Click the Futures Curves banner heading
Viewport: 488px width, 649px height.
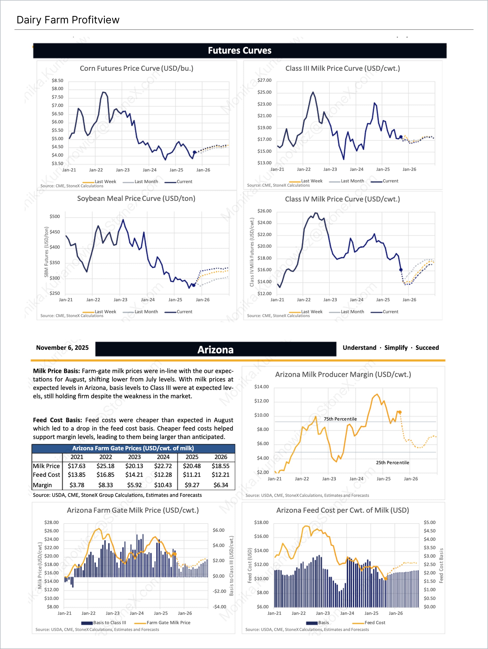coord(239,51)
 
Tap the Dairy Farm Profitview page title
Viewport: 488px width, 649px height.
coord(68,20)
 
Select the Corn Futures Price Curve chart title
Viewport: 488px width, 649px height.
coord(136,68)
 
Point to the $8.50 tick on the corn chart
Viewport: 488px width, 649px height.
coord(57,80)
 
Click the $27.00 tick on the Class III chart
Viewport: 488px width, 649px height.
coord(264,80)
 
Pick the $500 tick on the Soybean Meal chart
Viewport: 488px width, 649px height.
coord(55,217)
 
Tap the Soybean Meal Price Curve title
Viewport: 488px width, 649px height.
coord(136,198)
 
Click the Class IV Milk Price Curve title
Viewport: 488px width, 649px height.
coord(342,199)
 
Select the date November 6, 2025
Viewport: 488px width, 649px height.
coord(62,348)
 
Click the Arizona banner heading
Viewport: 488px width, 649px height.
coord(215,350)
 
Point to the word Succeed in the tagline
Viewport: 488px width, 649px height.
coord(427,348)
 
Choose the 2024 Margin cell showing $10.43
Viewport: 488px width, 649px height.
coord(163,485)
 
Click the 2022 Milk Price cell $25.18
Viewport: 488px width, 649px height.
coord(105,466)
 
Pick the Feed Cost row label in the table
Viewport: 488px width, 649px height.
coord(46,475)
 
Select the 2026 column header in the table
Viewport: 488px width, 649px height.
coord(221,457)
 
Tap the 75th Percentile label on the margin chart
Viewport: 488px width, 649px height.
coord(340,419)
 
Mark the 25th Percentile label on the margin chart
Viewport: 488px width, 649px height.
coord(392,463)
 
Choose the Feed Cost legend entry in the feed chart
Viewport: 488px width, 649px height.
coord(374,623)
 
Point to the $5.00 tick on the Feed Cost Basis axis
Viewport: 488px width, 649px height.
coord(429,522)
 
